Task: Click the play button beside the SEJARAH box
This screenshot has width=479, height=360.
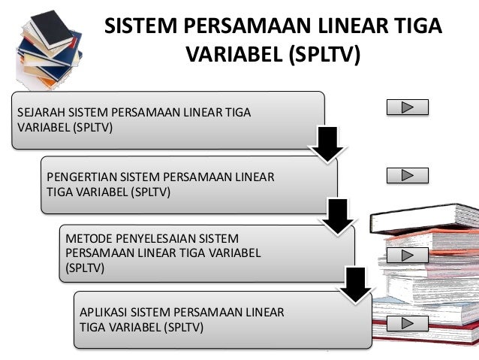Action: (407, 107)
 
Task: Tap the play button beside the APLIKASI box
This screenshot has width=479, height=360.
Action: (407, 324)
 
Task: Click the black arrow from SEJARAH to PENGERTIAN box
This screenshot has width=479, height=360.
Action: (327, 144)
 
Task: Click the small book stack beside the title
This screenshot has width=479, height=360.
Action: (46, 46)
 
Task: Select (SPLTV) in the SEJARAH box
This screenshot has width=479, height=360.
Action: (92, 127)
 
